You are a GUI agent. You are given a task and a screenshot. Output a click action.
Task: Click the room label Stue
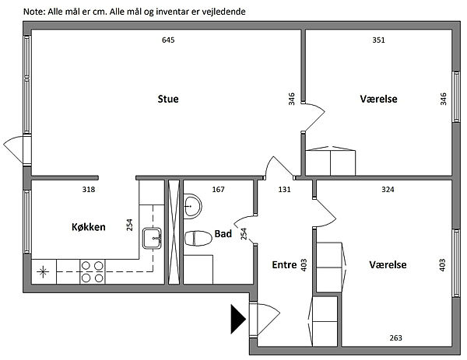pos(168,99)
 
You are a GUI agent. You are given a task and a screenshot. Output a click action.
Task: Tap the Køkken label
pos(88,227)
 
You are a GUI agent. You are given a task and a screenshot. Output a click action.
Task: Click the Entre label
pos(283,264)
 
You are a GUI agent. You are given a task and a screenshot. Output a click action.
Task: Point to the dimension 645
pos(168,40)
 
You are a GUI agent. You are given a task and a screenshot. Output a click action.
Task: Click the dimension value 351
pos(379,40)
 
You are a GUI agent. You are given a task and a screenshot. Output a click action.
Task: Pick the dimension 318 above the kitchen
pos(90,189)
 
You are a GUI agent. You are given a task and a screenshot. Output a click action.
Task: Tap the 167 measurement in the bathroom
pos(219,189)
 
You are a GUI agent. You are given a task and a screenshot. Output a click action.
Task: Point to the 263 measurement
pos(396,337)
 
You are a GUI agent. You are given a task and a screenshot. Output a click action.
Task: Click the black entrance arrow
pos(238,317)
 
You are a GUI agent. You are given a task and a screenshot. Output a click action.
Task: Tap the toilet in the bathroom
pos(198,238)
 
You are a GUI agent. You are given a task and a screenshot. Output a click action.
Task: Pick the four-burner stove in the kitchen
pos(93,271)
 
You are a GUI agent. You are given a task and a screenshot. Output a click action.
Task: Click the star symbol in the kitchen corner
pos(43,271)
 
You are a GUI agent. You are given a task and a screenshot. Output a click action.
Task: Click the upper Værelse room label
pos(379,99)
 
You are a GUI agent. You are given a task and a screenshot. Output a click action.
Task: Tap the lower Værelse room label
pos(388,264)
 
